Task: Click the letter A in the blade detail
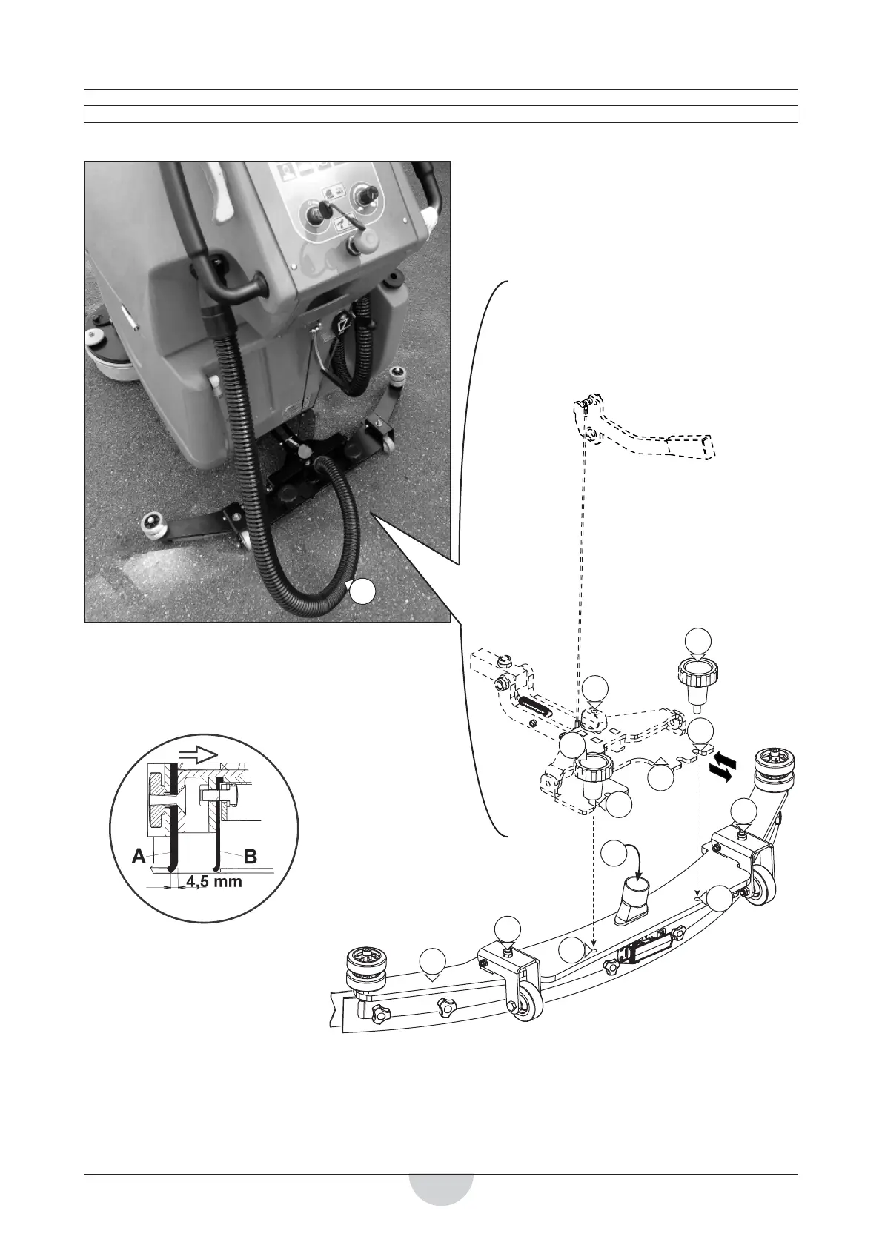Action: click(x=139, y=857)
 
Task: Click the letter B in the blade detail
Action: click(x=250, y=857)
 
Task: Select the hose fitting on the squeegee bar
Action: click(x=632, y=898)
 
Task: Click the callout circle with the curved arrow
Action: click(x=613, y=853)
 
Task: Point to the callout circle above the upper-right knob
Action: click(x=698, y=641)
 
